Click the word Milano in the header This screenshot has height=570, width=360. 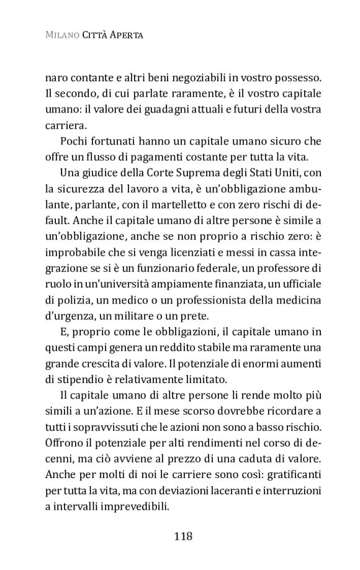[x=61, y=37]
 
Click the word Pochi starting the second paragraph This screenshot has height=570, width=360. [x=74, y=143]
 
